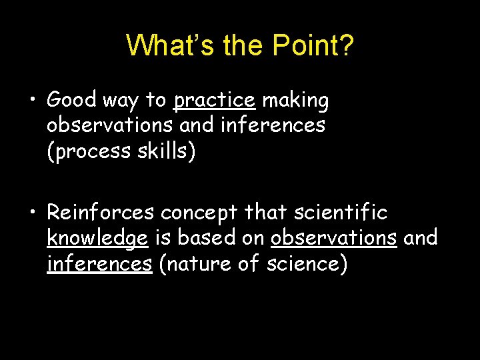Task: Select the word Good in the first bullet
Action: click(x=73, y=100)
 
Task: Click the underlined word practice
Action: click(x=214, y=100)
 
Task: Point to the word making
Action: click(x=295, y=100)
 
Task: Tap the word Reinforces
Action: click(x=100, y=213)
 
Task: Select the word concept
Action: click(x=198, y=213)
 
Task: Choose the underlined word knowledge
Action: click(x=97, y=238)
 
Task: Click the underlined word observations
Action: click(x=333, y=238)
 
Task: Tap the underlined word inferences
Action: click(x=99, y=263)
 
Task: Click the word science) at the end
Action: click(x=307, y=263)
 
